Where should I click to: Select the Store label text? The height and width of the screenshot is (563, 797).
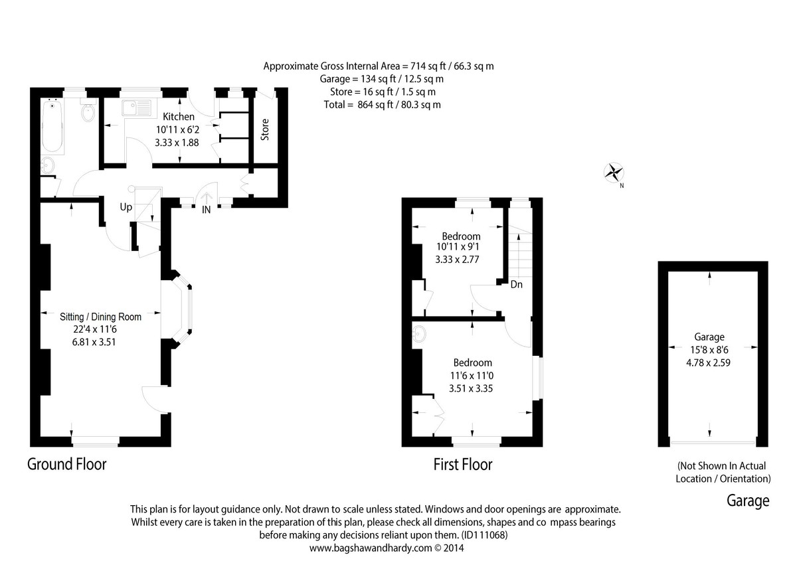point(265,129)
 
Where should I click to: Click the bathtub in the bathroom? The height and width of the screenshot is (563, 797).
point(52,126)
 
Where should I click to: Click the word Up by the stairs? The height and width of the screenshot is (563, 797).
point(126,207)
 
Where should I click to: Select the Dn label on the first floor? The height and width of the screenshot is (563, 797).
point(516,285)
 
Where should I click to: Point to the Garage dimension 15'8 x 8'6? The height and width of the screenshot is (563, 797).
point(709,349)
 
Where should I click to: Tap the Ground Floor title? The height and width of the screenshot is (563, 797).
point(66,464)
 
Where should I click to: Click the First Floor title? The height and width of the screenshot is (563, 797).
point(463,465)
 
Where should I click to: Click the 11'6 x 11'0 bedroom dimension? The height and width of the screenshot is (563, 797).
point(472,376)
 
